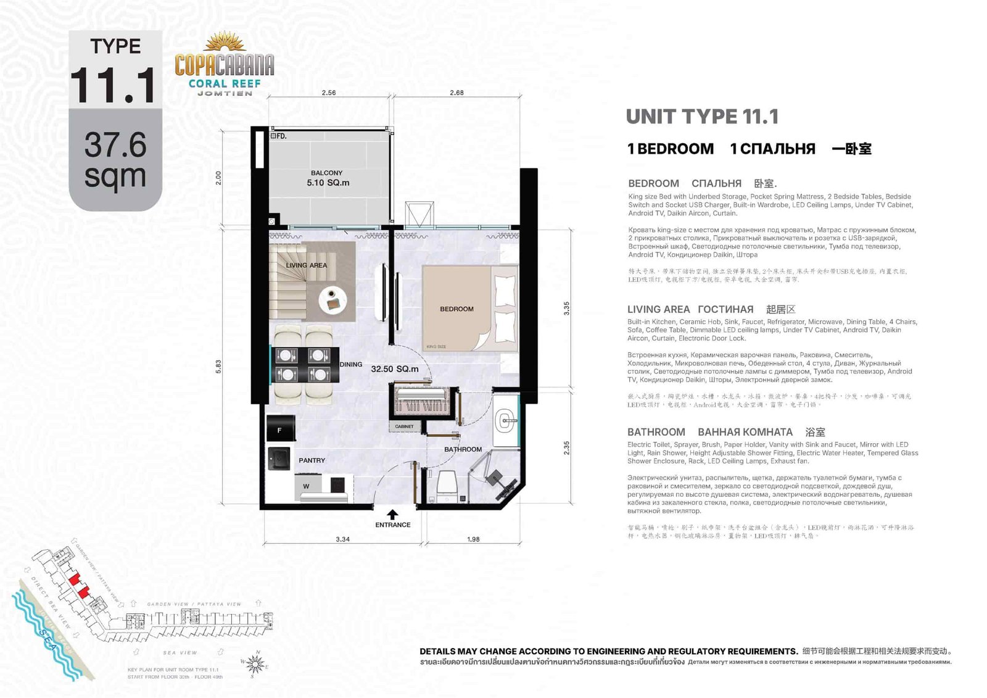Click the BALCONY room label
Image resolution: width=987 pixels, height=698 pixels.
click(x=326, y=173)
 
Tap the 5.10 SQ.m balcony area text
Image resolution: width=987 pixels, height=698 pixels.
click(x=328, y=183)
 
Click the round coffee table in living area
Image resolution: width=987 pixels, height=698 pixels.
click(x=336, y=301)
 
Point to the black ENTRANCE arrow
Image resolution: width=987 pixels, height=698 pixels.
click(x=392, y=514)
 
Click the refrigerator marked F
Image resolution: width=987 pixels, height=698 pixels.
click(x=280, y=430)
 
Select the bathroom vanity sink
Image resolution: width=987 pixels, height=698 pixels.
click(x=505, y=421)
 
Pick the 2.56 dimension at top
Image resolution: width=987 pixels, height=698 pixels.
click(x=329, y=93)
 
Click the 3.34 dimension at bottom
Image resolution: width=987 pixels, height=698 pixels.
click(x=342, y=539)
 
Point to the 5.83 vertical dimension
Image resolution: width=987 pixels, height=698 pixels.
click(x=218, y=367)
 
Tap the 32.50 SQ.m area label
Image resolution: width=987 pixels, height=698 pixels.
click(x=394, y=369)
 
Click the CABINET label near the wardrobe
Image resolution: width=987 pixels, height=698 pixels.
click(x=404, y=426)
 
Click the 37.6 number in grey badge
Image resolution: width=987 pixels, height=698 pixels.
click(x=115, y=144)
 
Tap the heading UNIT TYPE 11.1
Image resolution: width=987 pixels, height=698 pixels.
click(x=702, y=117)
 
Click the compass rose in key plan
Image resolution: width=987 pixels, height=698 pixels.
click(x=256, y=664)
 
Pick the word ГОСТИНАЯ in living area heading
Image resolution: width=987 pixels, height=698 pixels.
click(x=725, y=309)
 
